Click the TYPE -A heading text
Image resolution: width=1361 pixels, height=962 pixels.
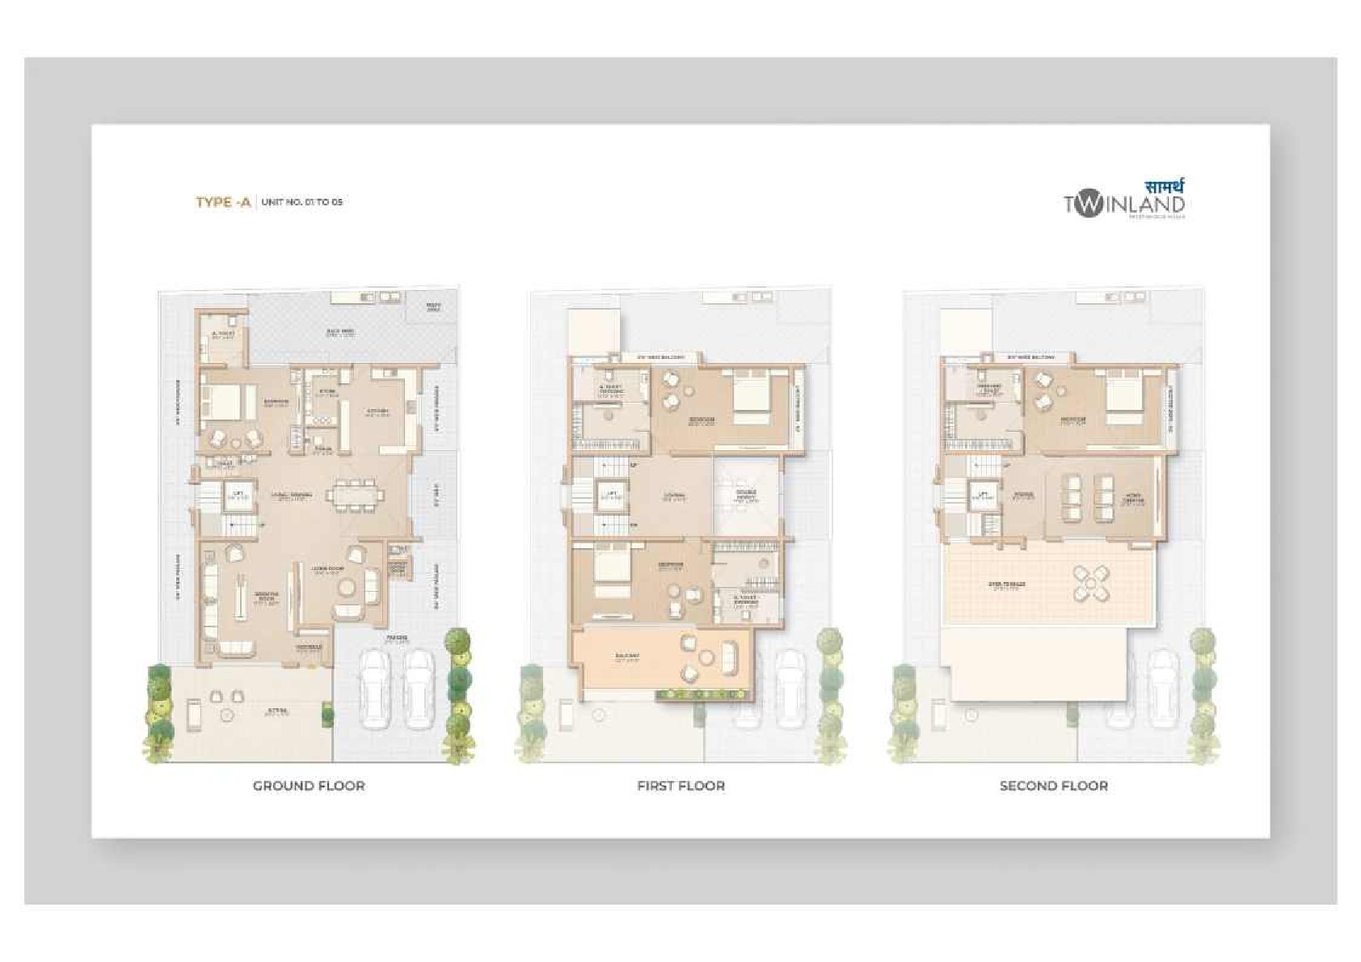point(223,202)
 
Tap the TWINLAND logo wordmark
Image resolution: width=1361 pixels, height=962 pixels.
point(1124,205)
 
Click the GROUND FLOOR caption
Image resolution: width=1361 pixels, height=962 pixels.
point(309,786)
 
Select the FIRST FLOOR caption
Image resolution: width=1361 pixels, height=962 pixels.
point(680,786)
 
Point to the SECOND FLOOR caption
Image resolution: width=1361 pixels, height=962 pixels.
point(1053,786)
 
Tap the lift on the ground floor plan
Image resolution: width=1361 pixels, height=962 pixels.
point(238,495)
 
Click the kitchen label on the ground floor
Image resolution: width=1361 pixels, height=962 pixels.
point(379,411)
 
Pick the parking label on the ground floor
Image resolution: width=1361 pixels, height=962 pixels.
point(397,638)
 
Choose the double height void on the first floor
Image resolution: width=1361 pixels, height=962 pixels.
point(745,497)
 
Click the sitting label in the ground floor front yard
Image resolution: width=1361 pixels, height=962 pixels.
point(277,712)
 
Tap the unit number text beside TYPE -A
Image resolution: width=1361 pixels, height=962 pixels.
point(302,202)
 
